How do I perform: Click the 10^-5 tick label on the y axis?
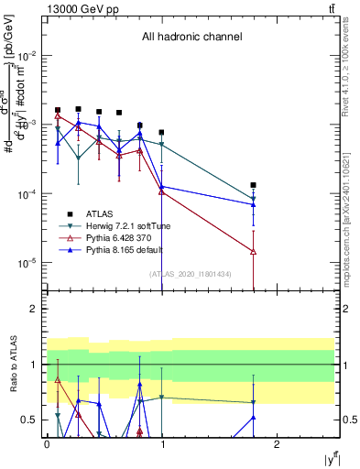[x=26, y=263]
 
